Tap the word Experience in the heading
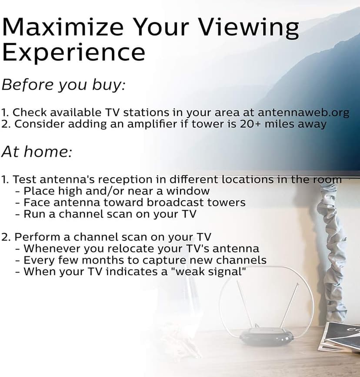tap(73, 53)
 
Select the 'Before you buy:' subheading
tap(63, 85)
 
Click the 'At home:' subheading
tap(37, 151)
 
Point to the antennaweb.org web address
tap(303, 112)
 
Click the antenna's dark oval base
tap(267, 336)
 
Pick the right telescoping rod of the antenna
tap(290, 305)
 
